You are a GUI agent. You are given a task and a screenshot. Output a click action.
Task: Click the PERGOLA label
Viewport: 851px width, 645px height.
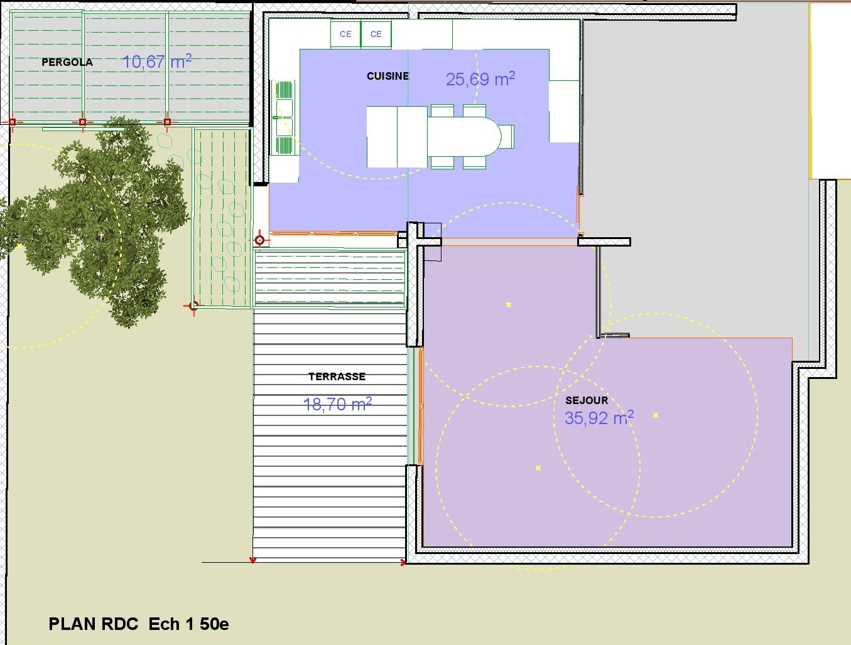tap(67, 62)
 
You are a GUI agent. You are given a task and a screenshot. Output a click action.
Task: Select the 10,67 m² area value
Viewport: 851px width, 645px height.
tap(157, 61)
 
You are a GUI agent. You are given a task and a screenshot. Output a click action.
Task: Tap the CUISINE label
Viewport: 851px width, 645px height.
tap(388, 76)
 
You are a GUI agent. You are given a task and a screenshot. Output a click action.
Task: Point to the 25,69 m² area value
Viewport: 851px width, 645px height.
tap(480, 79)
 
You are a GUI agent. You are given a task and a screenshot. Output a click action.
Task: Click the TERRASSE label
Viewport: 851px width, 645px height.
tap(337, 376)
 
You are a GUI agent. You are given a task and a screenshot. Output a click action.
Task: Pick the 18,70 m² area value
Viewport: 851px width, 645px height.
tap(337, 404)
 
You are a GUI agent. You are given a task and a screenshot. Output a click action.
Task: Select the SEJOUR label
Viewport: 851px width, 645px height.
tap(587, 400)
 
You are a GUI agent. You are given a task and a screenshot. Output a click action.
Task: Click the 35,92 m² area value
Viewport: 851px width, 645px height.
tap(599, 418)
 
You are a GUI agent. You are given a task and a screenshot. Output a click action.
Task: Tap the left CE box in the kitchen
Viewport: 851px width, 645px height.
tap(345, 34)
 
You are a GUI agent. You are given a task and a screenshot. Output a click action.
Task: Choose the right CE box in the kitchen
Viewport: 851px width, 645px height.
tap(376, 34)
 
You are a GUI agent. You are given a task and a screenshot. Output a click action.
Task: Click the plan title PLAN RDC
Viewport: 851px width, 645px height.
tap(94, 624)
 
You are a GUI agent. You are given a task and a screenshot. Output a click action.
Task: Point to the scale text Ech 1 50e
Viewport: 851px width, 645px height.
tap(189, 624)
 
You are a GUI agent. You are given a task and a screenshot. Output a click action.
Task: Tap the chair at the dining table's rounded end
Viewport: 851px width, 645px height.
tap(507, 136)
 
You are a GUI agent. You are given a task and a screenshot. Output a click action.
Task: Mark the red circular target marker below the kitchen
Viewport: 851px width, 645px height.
tap(260, 240)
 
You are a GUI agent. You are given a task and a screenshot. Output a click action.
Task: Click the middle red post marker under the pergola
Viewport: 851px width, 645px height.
tap(82, 122)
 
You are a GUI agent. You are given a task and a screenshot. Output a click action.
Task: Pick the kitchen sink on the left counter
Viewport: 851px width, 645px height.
tap(285, 118)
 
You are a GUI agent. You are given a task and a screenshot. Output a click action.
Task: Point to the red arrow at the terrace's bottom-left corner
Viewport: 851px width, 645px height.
tap(252, 560)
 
